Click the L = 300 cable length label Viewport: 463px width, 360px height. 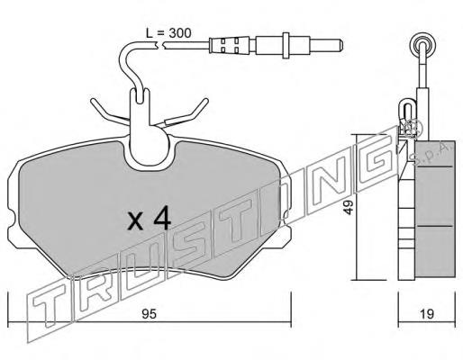168,33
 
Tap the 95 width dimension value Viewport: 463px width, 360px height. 150,314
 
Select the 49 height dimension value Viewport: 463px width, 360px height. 349,207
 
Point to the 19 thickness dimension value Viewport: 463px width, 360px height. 426,314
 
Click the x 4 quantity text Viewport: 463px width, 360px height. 150,220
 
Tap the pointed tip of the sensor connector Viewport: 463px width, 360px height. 341,45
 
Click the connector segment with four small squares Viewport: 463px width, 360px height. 230,45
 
